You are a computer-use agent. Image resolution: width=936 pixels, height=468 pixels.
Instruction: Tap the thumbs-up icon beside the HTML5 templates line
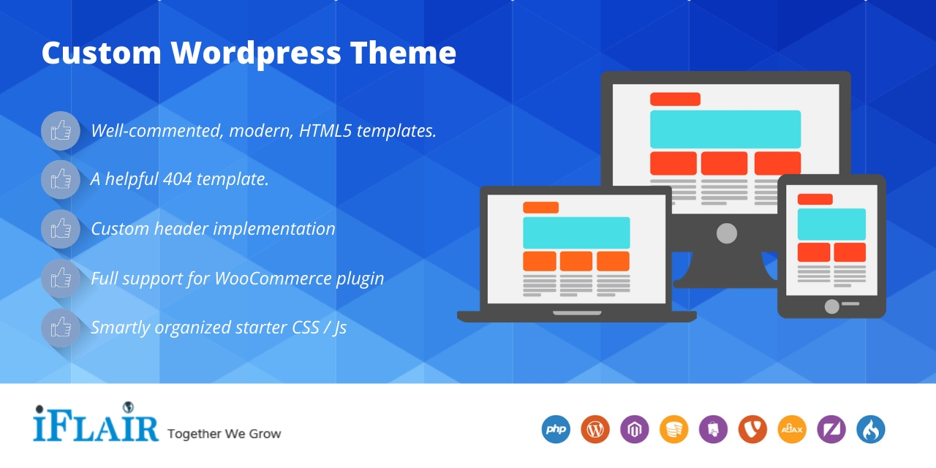click(61, 131)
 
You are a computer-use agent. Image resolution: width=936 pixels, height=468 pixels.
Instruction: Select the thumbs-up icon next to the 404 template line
click(61, 179)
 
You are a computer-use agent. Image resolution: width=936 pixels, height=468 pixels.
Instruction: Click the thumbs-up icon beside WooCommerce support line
click(61, 278)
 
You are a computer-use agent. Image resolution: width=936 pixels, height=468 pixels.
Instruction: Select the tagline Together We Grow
click(224, 434)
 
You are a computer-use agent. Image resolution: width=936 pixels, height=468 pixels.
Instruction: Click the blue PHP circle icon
click(556, 429)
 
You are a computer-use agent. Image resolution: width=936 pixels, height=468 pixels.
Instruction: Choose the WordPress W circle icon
click(595, 429)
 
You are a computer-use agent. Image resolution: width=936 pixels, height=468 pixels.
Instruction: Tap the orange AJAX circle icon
click(791, 429)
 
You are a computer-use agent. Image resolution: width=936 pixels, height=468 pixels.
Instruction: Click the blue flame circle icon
click(870, 429)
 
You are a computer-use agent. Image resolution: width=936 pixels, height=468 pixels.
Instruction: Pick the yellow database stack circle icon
click(673, 429)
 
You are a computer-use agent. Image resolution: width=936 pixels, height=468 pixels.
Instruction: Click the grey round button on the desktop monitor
click(726, 233)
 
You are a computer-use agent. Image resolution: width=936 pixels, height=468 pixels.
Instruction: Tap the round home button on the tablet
click(831, 306)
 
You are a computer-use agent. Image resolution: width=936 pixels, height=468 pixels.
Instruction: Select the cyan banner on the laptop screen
click(576, 233)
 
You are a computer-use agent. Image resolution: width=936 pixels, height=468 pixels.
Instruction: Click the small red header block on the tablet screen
click(815, 199)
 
